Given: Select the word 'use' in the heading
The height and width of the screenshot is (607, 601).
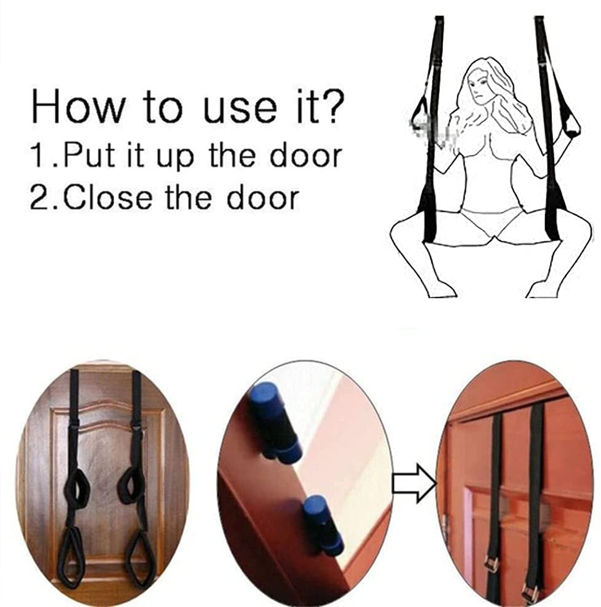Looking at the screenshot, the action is click(x=240, y=110).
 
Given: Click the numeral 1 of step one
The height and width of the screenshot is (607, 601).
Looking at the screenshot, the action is click(x=39, y=155).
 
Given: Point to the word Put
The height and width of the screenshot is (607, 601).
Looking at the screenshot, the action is click(x=88, y=155).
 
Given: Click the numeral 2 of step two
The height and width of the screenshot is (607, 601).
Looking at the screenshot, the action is click(x=40, y=197).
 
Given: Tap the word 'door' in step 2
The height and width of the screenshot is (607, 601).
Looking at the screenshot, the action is click(x=263, y=197).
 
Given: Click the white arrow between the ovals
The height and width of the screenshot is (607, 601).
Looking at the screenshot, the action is click(x=414, y=483).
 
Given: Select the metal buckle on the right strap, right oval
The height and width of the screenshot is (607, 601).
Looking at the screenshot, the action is click(x=530, y=590).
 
